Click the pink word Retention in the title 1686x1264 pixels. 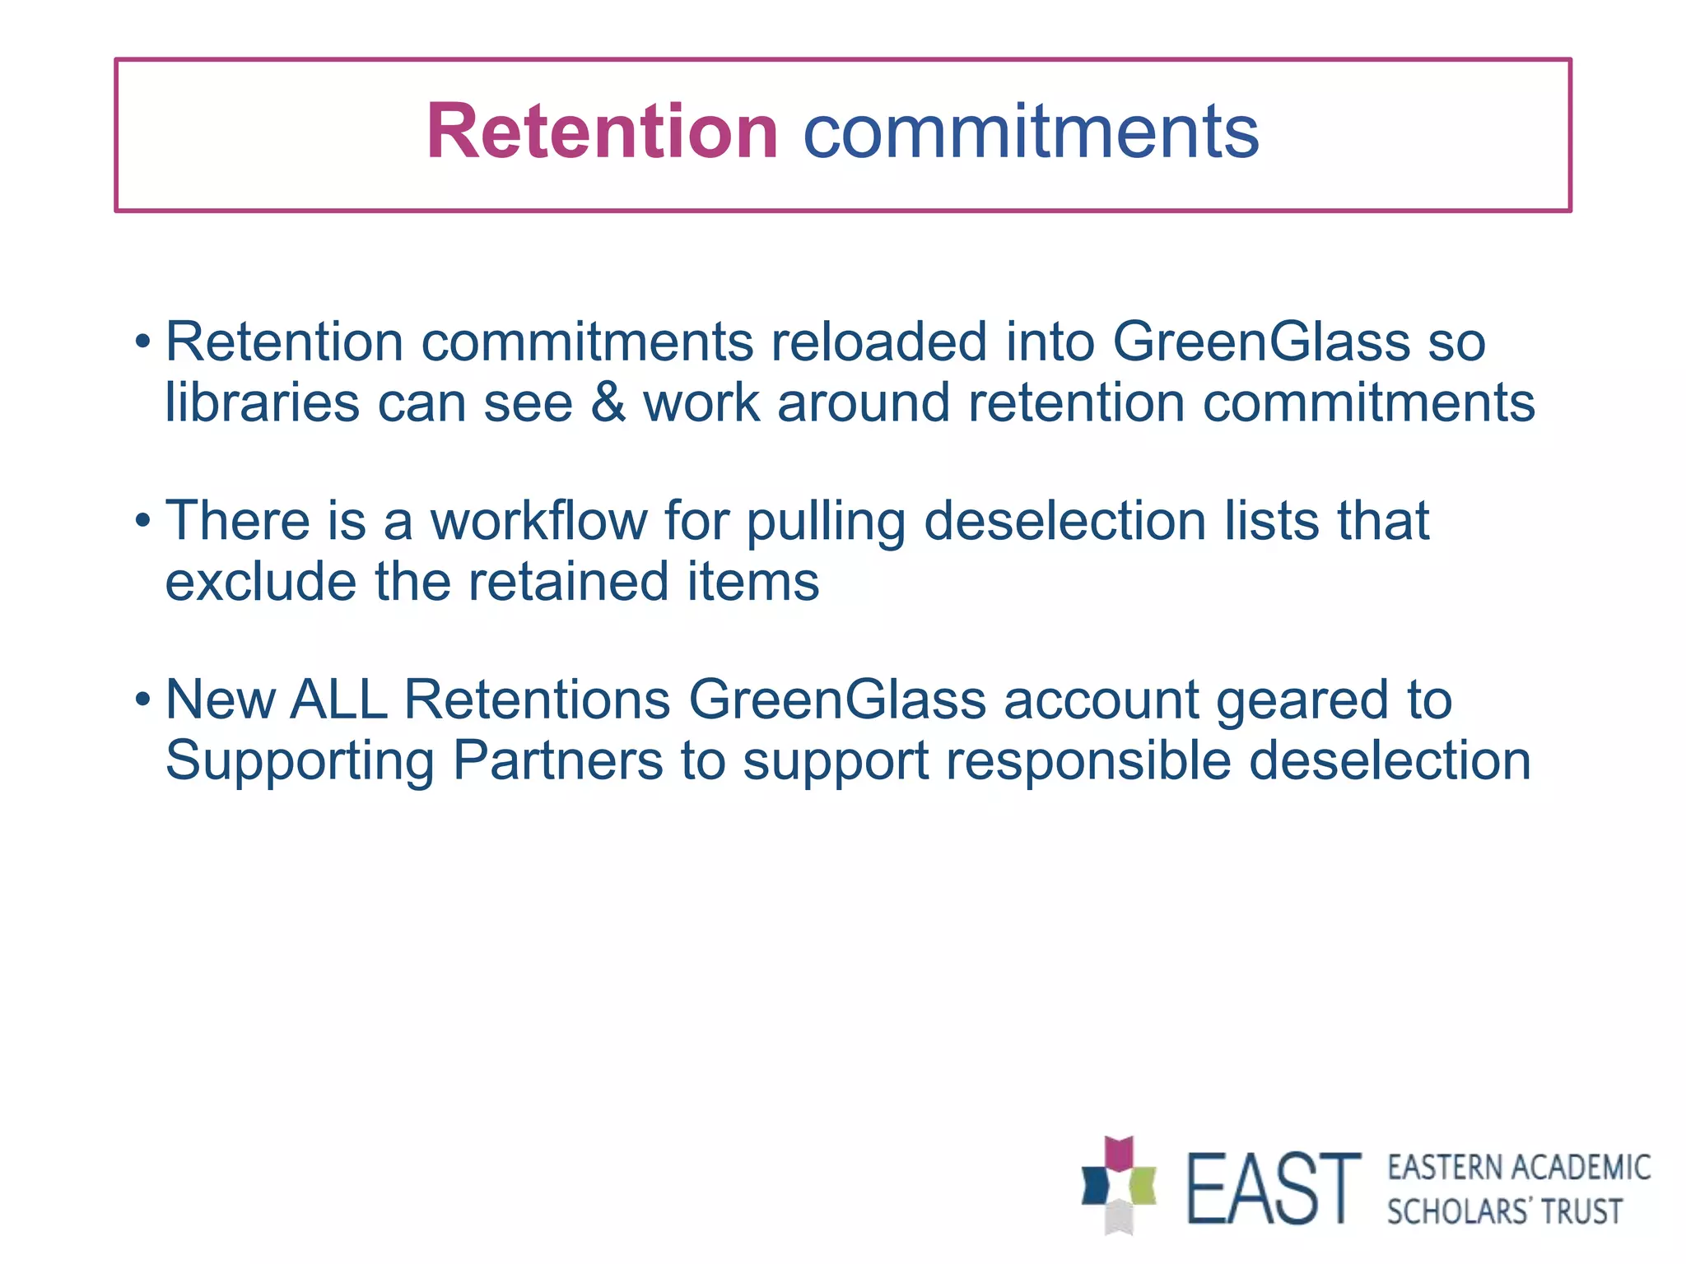[x=602, y=132]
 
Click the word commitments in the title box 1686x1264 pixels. [x=1031, y=132]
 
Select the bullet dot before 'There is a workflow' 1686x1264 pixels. [x=143, y=520]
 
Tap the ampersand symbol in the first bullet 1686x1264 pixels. [x=608, y=402]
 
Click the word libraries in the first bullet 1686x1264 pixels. [x=262, y=402]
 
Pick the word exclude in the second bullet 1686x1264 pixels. [x=261, y=581]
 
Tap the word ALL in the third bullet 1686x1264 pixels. [x=339, y=699]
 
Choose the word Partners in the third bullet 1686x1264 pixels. [x=558, y=760]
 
